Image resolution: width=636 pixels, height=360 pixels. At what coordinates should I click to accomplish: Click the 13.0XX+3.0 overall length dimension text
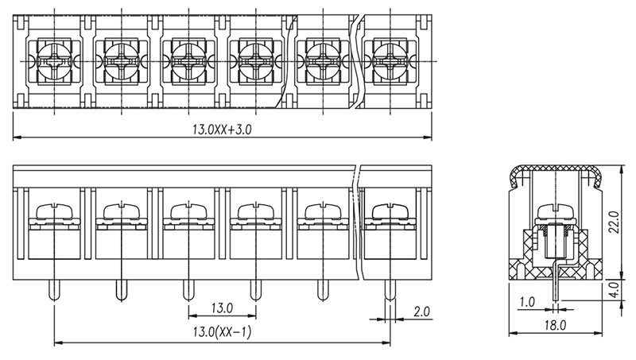click(x=222, y=130)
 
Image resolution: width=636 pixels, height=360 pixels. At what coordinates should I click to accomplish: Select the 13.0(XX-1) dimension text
click(x=222, y=332)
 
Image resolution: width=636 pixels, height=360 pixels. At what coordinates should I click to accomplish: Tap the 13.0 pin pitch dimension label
click(x=222, y=308)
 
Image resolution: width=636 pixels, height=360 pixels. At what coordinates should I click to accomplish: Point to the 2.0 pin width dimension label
click(x=421, y=312)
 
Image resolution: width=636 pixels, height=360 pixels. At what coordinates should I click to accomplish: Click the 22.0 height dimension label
click(x=615, y=222)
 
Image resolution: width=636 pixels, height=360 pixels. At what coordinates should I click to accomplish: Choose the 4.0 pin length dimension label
click(x=615, y=290)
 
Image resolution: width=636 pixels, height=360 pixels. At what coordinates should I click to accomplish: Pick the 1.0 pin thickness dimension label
click(x=527, y=302)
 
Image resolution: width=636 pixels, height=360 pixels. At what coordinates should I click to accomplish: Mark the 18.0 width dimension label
click(x=555, y=325)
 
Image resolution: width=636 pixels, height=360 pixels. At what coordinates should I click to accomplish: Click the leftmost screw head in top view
click(x=54, y=62)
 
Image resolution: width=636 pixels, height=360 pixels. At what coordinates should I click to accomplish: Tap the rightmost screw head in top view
click(x=390, y=62)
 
